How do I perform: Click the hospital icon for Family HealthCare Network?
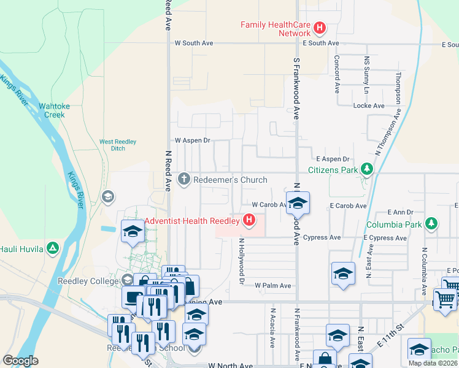pyautogui.click(x=319, y=28)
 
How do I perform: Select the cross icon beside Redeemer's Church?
pyautogui.click(x=183, y=179)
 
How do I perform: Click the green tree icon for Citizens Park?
pyautogui.click(x=366, y=169)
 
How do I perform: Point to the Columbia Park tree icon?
pyautogui.click(x=431, y=224)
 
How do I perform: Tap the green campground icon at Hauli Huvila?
pyautogui.click(x=53, y=248)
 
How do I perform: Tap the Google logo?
pyautogui.click(x=21, y=361)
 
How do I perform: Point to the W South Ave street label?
pyautogui.click(x=194, y=44)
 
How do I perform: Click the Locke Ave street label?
pyautogui.click(x=369, y=105)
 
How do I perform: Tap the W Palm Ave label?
pyautogui.click(x=273, y=286)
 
